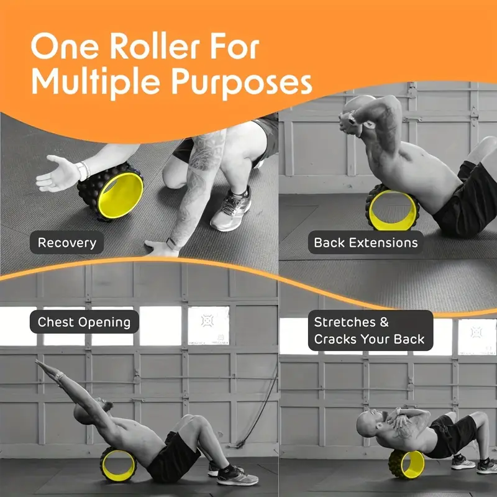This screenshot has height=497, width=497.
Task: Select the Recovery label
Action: click(x=67, y=242)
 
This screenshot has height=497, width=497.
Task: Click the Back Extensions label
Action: click(x=366, y=242)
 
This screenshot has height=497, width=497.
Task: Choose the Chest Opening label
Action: click(x=84, y=322)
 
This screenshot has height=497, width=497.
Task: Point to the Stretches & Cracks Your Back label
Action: click(x=370, y=331)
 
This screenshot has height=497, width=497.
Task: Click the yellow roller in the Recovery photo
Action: click(x=111, y=191)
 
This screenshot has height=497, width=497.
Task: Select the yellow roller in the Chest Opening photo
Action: click(x=118, y=464)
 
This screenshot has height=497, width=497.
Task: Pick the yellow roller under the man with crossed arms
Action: click(x=407, y=464)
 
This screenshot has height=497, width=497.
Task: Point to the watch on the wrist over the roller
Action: click(x=83, y=170)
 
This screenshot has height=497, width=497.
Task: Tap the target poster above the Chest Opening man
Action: click(x=208, y=326)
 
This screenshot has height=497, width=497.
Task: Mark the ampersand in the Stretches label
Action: click(x=384, y=322)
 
